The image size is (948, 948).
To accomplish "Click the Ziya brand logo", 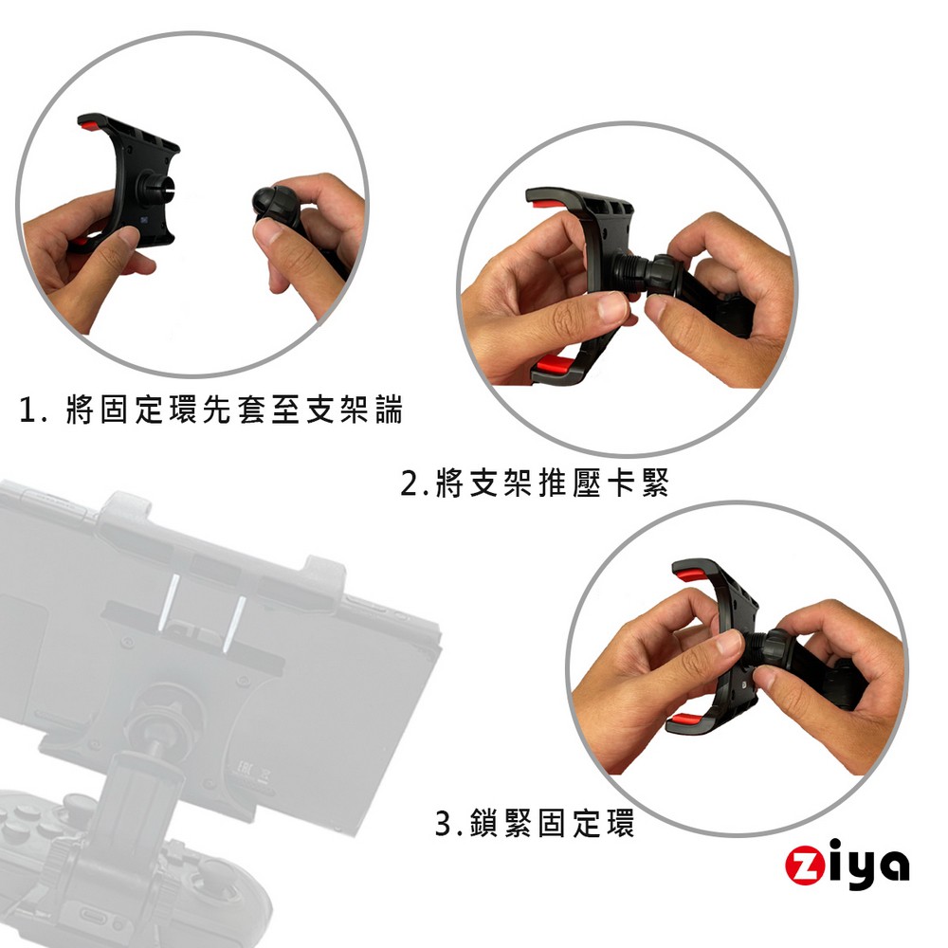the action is [x=847, y=866].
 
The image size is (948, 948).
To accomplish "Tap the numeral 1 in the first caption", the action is [x=27, y=410].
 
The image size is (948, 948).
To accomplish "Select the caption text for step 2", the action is [x=535, y=483].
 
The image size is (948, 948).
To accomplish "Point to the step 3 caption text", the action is [x=535, y=823].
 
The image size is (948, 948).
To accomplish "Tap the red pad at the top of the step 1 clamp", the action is [x=87, y=125].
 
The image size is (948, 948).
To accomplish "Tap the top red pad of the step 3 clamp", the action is [x=689, y=574].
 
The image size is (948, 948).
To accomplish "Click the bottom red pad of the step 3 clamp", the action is [x=684, y=720].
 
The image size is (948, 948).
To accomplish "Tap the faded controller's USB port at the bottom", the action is [x=97, y=917].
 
